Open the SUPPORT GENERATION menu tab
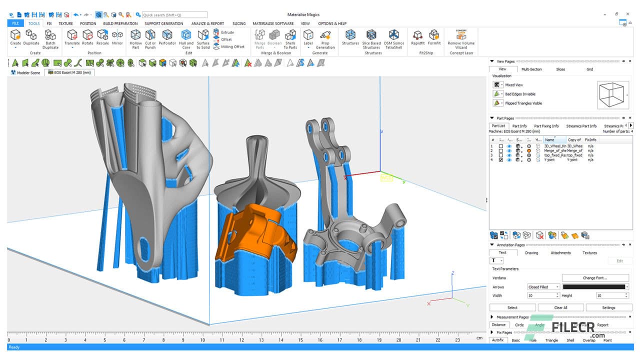pos(163,23)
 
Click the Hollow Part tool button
pos(135,38)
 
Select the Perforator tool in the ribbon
pos(167,38)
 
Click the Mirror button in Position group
pos(117,38)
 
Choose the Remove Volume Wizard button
pos(461,38)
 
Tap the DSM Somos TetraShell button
pos(394,38)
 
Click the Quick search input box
pos(174,15)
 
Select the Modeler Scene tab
pos(25,72)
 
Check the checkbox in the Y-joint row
pos(501,160)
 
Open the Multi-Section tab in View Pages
pos(531,69)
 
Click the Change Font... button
pos(595,278)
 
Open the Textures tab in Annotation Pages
pos(589,253)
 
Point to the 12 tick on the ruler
pos(241,340)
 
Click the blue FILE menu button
pos(15,23)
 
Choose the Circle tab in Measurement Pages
pos(519,325)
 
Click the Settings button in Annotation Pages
pos(608,307)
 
